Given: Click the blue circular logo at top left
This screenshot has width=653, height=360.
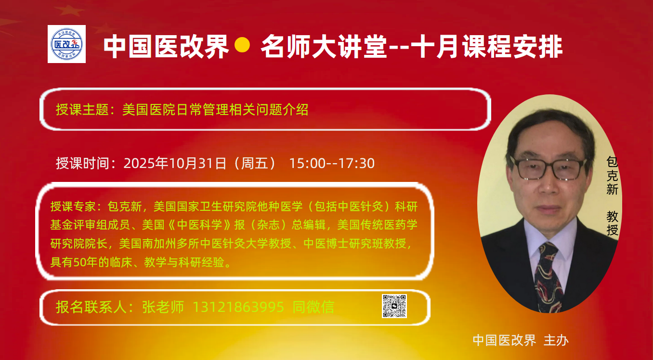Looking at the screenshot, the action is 67,44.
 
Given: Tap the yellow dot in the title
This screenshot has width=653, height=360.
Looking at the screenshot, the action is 242,45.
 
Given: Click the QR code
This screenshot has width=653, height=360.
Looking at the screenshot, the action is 394,306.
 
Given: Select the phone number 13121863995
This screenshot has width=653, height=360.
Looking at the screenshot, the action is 238,307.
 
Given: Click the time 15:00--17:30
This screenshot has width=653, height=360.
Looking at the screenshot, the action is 332,164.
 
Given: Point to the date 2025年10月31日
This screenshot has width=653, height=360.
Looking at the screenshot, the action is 175,164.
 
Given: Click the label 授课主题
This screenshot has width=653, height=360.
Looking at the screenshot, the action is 82,110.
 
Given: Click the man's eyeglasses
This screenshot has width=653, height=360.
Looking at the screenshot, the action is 549,168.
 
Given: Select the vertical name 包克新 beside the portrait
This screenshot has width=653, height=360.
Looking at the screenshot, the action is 612,176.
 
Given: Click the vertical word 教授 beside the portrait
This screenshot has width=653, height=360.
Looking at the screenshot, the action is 612,223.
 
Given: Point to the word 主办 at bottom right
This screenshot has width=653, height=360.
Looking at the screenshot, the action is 556,340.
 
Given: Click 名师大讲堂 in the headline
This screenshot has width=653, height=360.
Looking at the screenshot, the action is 324,46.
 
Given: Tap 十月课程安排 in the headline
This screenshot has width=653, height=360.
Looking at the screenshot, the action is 486,46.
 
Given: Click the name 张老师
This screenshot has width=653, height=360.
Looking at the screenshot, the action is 163,307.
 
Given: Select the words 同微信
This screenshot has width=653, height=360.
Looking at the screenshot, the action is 313,307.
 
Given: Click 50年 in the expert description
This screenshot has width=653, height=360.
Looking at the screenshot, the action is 85,262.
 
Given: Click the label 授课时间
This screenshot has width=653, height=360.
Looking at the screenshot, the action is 82,164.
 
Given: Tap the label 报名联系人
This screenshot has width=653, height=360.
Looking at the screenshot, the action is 91,307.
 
